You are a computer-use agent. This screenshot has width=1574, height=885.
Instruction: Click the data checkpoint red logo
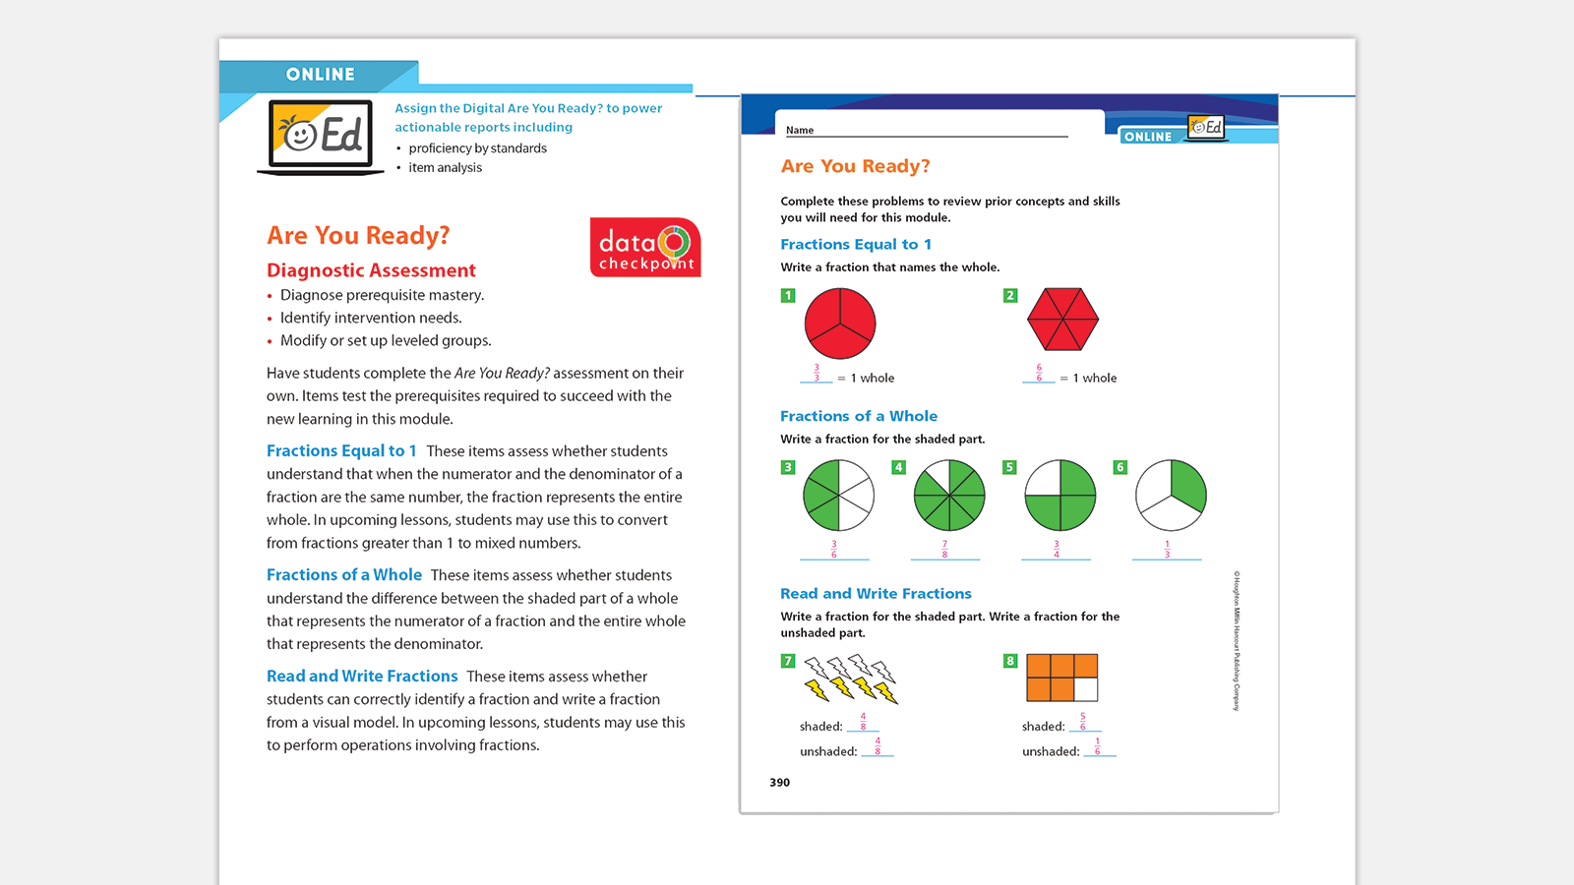click(x=645, y=248)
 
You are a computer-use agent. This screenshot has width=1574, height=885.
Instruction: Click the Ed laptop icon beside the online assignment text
click(x=322, y=136)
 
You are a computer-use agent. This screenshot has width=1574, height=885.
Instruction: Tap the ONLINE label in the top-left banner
click(x=320, y=75)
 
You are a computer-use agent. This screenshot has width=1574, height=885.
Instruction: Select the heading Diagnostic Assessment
click(x=371, y=270)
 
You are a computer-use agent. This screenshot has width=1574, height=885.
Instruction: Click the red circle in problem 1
click(x=840, y=324)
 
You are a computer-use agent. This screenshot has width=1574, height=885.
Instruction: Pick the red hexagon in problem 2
click(x=1062, y=320)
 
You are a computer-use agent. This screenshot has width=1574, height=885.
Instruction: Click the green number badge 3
click(x=788, y=467)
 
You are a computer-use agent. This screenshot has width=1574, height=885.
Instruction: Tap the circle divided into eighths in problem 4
click(x=949, y=496)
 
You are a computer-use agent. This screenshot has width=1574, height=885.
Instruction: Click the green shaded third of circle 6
click(x=1187, y=485)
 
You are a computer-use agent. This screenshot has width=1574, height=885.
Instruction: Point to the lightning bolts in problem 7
click(x=851, y=679)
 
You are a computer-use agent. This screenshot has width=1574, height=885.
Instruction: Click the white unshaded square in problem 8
click(x=1086, y=689)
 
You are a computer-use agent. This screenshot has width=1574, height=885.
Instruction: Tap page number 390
click(x=779, y=783)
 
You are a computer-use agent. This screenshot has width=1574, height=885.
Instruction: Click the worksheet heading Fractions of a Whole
click(x=858, y=416)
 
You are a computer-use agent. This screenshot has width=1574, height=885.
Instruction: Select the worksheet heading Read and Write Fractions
click(x=876, y=594)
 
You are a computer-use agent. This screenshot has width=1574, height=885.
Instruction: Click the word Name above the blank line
click(x=800, y=130)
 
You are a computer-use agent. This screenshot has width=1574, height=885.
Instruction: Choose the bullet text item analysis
click(x=445, y=168)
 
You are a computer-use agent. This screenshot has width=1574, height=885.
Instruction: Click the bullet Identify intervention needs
click(x=371, y=318)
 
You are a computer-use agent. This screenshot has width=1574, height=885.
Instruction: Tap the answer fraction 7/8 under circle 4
click(x=944, y=549)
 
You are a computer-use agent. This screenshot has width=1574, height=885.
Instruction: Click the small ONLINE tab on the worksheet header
click(x=1148, y=137)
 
